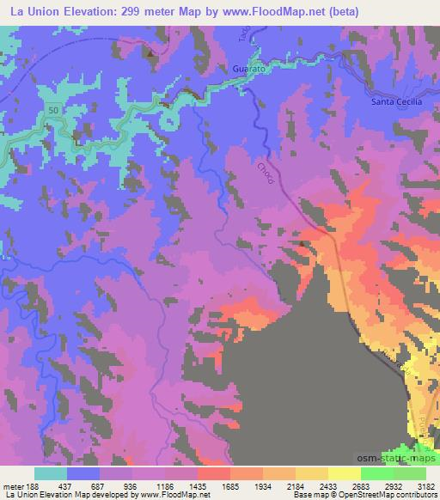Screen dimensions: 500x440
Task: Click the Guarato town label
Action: click(x=247, y=67)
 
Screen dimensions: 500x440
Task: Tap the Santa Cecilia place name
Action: click(x=395, y=101)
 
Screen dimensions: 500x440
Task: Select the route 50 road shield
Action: click(x=54, y=111)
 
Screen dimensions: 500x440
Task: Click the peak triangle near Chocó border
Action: click(x=302, y=242)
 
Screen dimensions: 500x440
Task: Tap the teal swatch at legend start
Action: click(x=51, y=473)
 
